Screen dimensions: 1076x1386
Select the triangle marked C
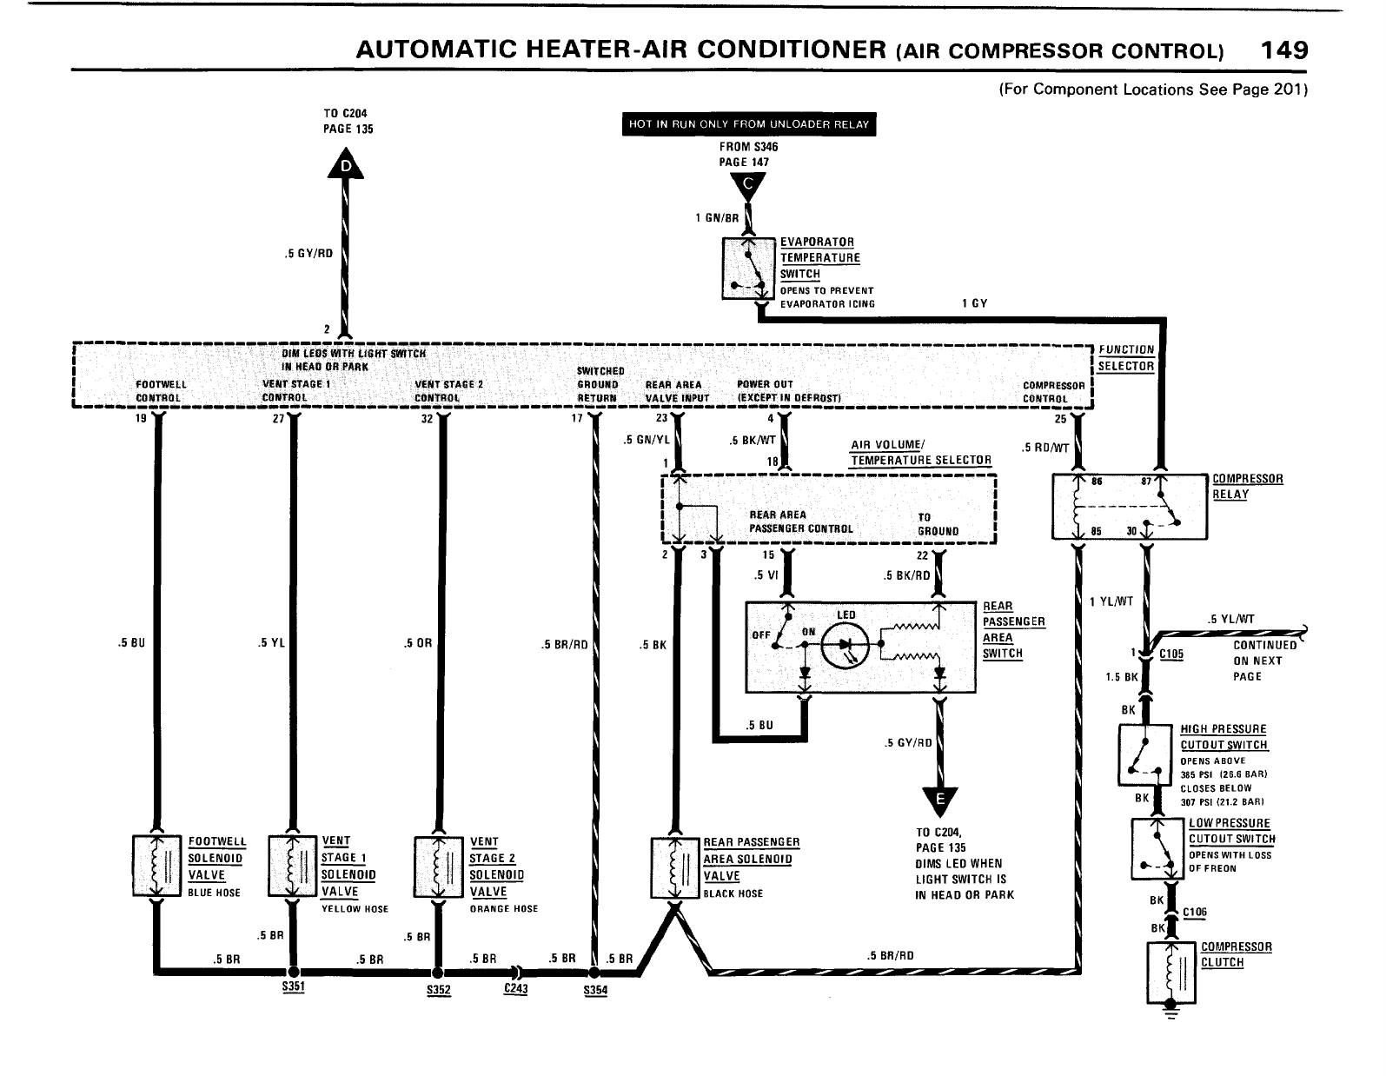[748, 185]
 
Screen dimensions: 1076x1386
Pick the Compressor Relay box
[1129, 507]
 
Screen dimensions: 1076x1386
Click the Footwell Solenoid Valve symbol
[157, 867]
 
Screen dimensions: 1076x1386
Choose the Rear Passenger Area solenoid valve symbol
[674, 867]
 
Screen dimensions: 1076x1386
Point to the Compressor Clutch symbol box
[1171, 972]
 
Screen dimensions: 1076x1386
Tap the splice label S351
[293, 988]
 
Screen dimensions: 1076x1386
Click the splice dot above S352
[437, 972]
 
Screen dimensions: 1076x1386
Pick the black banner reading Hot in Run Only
[748, 124]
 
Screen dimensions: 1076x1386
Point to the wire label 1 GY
[974, 303]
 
